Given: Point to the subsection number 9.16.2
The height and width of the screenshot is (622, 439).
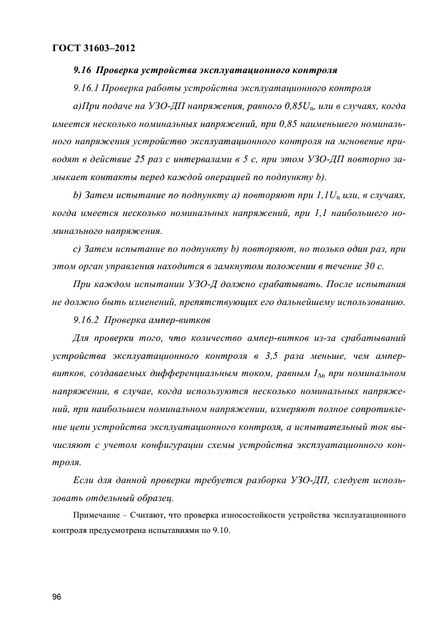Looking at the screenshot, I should pos(86,319).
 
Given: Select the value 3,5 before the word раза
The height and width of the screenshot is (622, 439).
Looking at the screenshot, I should pos(271,356).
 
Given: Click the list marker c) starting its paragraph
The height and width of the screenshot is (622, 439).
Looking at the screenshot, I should pos(76,249).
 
